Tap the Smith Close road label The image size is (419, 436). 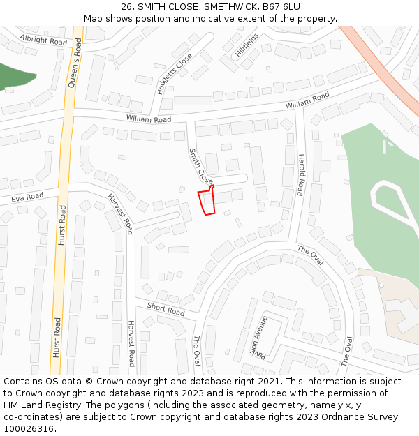[x=201, y=165]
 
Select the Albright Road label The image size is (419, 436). [x=43, y=40]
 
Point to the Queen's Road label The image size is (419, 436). [x=75, y=63]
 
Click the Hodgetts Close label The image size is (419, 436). [x=175, y=73]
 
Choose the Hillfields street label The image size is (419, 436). [x=247, y=44]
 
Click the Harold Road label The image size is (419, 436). [x=301, y=174]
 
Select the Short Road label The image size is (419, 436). [x=166, y=309]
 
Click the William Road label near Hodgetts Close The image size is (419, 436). [x=148, y=119]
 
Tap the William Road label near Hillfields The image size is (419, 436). [x=307, y=100]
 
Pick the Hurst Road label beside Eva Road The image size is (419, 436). [x=62, y=225]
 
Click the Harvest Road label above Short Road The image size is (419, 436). [x=120, y=213]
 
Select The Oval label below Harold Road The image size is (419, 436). [x=311, y=255]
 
